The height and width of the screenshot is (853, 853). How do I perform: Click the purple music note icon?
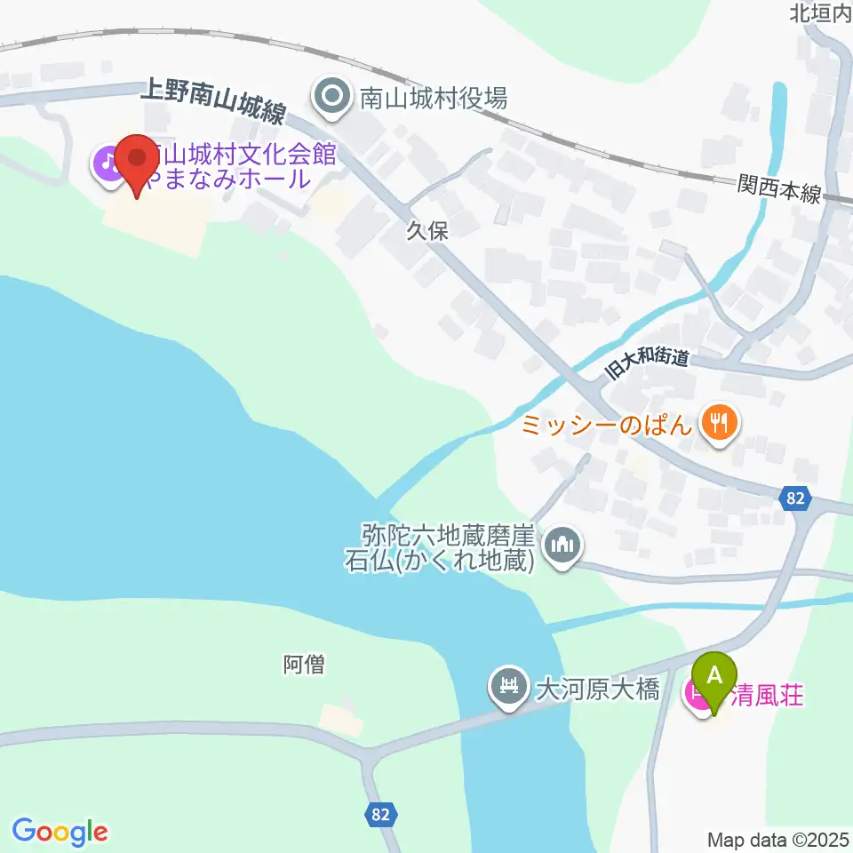coord(108,164)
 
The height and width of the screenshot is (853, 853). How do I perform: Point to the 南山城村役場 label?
coord(433,97)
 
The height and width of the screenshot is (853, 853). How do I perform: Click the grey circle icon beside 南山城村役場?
coord(333,97)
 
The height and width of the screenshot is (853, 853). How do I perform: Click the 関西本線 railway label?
coord(779,189)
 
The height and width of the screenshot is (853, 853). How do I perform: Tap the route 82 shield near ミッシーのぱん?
coord(795,499)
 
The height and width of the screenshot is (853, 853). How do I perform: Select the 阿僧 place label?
coord(304,664)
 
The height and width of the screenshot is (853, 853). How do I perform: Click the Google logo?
coord(60,832)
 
